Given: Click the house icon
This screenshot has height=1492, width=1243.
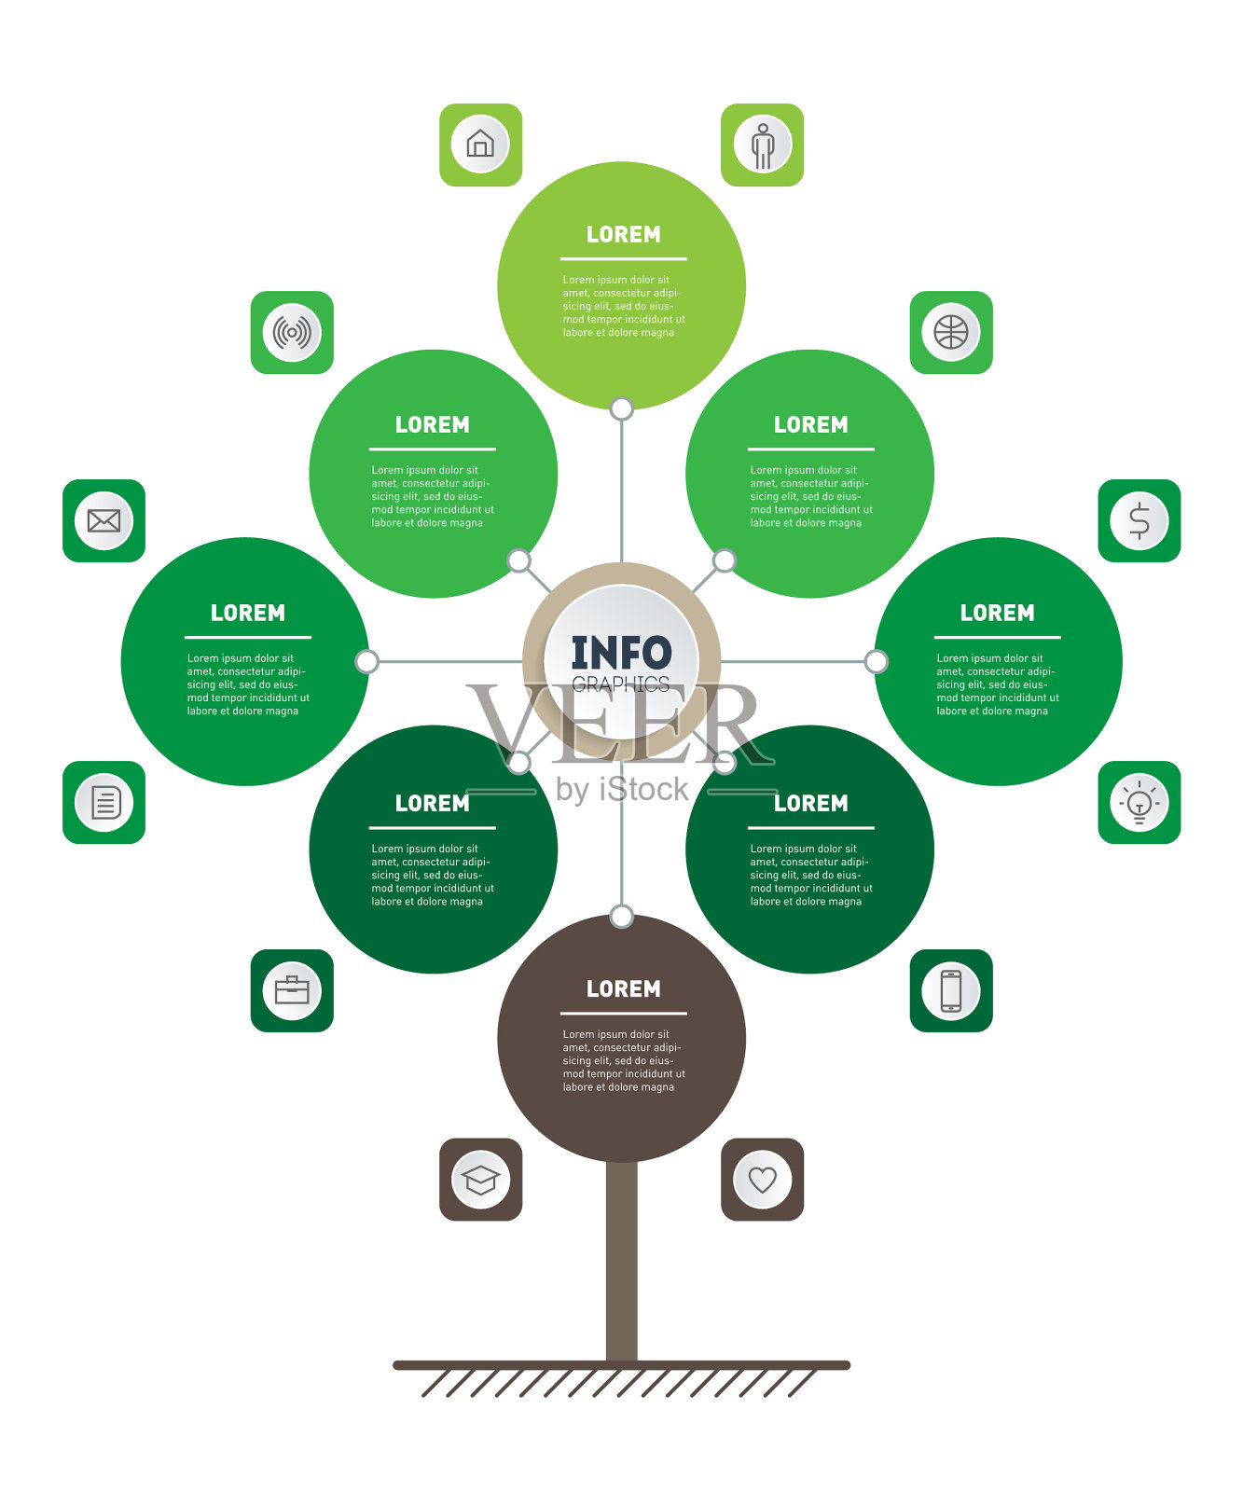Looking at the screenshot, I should pos(480,144).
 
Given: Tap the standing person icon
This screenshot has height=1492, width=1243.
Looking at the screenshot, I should pos(763,145).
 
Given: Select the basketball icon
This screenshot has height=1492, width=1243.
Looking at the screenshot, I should pos(951,332).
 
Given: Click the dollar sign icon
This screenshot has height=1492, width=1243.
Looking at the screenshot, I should pos(1139,521).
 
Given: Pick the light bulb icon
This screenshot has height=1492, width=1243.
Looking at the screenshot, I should pos(1139,803).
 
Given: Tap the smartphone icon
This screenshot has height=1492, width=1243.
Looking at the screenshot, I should pos(951,990).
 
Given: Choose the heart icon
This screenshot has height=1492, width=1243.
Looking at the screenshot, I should pos(763,1180).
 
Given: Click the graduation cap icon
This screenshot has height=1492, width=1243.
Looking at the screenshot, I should pos(480,1180).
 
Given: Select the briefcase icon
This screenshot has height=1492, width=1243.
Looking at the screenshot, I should pos(292,990).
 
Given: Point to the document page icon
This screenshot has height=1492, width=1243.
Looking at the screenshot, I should pos(104,803).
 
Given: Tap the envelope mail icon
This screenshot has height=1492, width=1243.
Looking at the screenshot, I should pos(104,520).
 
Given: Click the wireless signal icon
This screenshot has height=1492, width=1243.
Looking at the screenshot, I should pos(292,332).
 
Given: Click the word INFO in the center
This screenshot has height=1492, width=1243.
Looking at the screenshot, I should pos(621,652).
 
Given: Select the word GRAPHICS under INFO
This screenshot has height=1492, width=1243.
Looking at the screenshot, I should pos(621,684).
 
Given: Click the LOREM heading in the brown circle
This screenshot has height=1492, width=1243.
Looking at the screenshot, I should pos(623,988).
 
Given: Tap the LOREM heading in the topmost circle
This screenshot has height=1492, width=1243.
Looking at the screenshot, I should pos(623,234).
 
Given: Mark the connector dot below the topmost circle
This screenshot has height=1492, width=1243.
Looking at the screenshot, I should pos(622,408).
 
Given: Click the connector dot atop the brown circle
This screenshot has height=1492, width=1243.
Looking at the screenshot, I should pos(622,916).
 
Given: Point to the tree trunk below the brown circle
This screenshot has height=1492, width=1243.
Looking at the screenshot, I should pos(622,1259).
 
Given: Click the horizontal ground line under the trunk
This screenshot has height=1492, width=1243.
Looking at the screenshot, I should pos(622,1365).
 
